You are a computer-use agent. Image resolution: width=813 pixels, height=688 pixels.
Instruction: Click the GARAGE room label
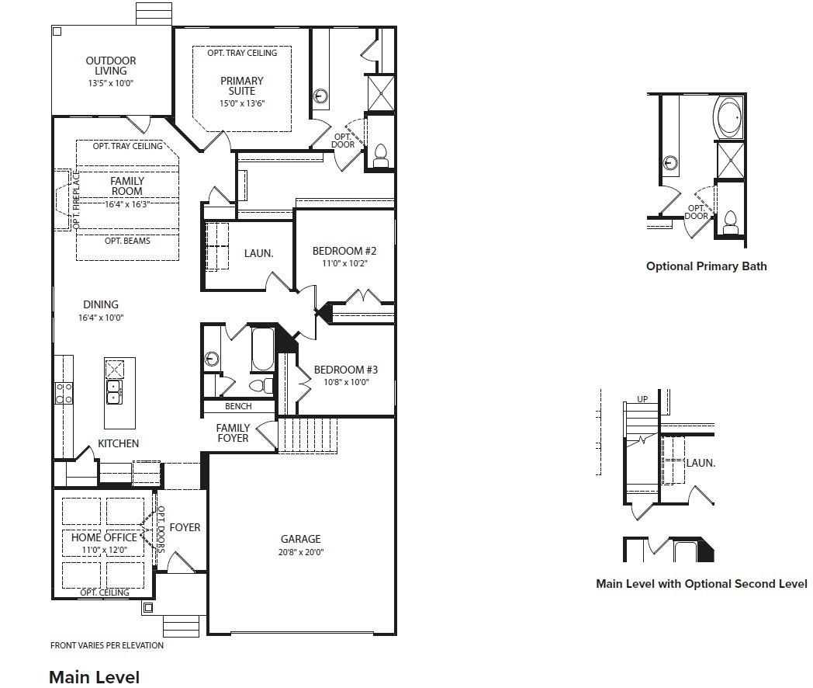click(301, 539)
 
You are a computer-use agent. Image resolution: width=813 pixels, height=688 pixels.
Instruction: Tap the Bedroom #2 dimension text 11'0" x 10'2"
click(344, 263)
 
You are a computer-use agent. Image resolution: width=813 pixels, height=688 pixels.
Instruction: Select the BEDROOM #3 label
click(346, 370)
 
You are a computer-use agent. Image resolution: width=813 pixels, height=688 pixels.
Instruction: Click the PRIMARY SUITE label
click(242, 85)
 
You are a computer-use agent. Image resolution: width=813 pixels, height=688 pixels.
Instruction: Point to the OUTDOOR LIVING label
click(111, 65)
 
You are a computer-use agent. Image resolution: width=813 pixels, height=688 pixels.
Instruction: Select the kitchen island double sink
click(113, 391)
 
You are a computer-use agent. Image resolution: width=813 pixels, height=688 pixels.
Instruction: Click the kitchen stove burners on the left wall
click(64, 393)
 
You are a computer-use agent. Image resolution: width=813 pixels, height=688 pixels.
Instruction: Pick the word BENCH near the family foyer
click(238, 406)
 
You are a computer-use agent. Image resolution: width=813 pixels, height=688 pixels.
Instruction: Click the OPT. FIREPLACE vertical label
click(76, 200)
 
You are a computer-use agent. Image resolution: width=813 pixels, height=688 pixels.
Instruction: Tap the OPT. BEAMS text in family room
click(127, 241)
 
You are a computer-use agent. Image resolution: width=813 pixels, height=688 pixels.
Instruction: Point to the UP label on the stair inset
click(642, 399)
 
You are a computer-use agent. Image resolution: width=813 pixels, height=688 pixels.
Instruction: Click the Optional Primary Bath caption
click(706, 266)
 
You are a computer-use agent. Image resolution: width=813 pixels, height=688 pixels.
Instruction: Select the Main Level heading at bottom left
click(95, 677)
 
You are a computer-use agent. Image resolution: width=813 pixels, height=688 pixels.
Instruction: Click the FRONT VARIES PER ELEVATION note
click(107, 645)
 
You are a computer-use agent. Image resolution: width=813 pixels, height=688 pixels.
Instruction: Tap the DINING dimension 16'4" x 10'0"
click(101, 318)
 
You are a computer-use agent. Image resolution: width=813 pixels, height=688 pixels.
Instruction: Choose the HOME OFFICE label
click(104, 537)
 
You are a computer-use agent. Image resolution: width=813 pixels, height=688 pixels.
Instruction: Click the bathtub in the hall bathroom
click(263, 349)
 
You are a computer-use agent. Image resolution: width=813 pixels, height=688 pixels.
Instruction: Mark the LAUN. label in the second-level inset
click(701, 463)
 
